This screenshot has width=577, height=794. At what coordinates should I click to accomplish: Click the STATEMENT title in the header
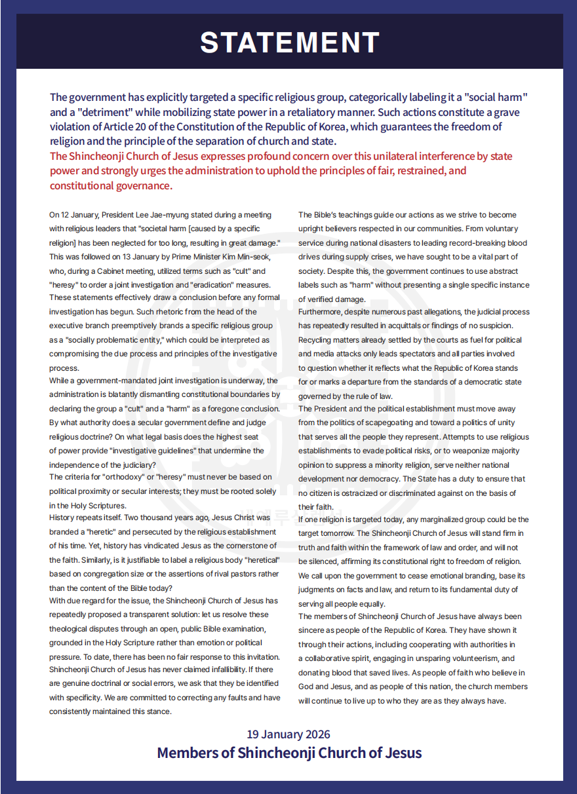coord(289,43)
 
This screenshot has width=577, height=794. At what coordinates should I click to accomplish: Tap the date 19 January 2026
coord(288,734)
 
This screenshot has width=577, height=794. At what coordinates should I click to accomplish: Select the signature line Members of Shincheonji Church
coord(288,753)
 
